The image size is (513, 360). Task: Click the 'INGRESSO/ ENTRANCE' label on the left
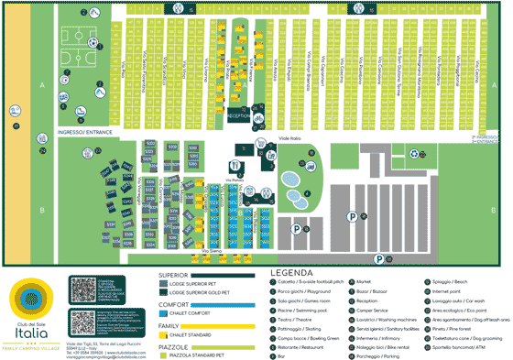[x=84, y=132]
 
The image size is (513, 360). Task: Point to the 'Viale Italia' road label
[x=289, y=139]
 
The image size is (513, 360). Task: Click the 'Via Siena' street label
[x=210, y=248]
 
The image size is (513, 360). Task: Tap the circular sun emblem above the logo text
[x=33, y=296]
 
